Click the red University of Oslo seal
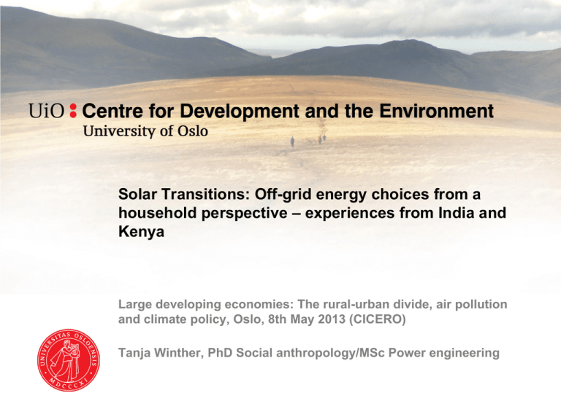coord(69,360)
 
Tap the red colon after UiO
coord(73,111)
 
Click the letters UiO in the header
coord(47,111)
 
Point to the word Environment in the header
coord(437,111)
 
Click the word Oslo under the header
coord(193,131)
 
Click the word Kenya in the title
coord(141,232)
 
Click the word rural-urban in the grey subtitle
coord(356,304)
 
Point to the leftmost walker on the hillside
coord(292,141)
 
